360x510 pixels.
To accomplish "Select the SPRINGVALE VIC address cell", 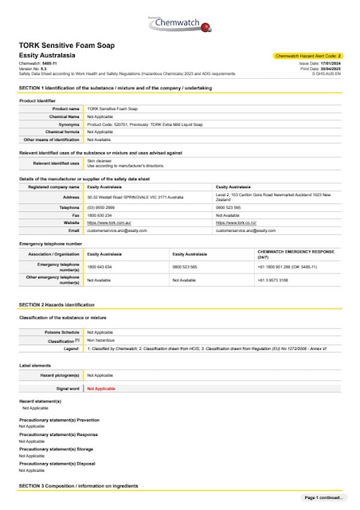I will coord(135,196).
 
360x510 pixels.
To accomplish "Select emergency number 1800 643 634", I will coord(100,267).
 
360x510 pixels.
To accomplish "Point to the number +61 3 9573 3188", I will coord(275,280).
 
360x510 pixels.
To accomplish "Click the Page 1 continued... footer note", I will coord(323,498).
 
